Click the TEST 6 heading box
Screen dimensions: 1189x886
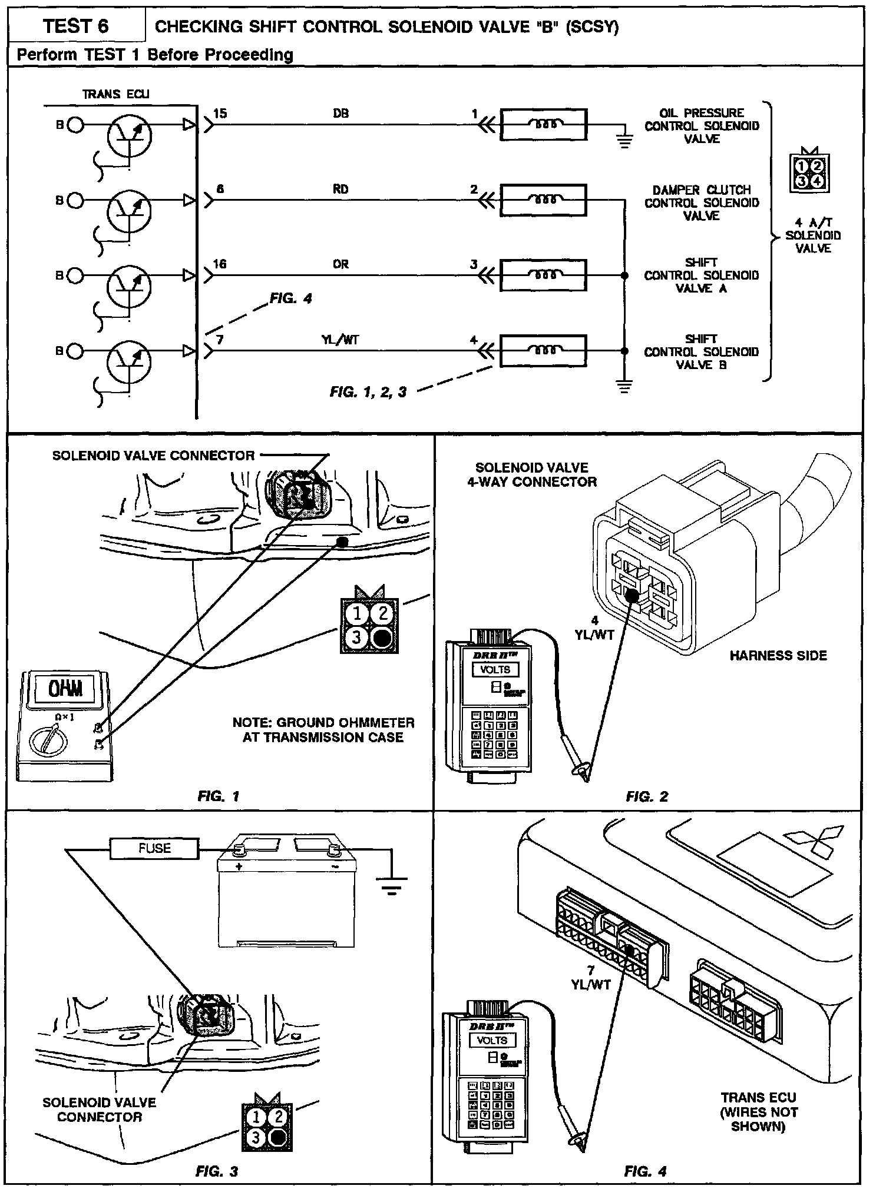click(76, 26)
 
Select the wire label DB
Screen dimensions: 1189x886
click(340, 114)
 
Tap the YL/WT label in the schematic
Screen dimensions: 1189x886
click(340, 340)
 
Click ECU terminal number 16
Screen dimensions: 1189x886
click(220, 264)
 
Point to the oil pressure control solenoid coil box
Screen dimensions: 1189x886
click(543, 124)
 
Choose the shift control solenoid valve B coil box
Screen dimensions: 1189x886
click(543, 351)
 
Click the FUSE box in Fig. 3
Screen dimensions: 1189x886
click(154, 848)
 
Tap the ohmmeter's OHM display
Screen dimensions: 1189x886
click(65, 689)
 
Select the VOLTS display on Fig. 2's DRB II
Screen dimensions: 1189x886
click(495, 670)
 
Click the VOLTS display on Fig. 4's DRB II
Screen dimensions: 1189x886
click(492, 1040)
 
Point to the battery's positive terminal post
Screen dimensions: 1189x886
click(240, 849)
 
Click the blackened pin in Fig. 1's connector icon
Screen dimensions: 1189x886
click(382, 637)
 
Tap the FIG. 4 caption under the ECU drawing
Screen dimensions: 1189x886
click(646, 1171)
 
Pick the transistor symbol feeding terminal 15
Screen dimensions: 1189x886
click(130, 136)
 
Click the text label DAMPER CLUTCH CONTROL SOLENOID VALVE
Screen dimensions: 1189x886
click(701, 202)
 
